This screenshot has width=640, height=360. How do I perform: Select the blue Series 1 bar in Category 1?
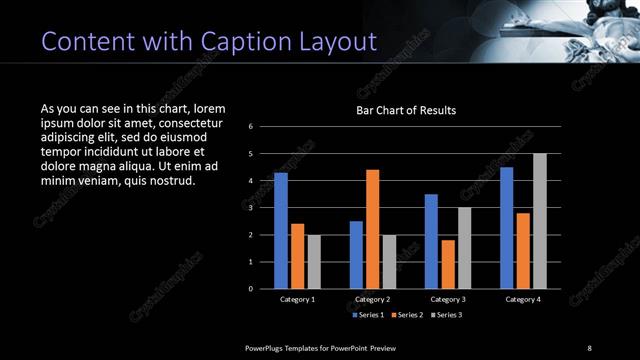coord(281,230)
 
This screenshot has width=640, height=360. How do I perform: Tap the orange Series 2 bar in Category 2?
coord(372,229)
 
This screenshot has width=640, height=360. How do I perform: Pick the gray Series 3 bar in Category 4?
coord(540,221)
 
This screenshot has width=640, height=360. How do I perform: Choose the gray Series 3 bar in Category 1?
coord(314,261)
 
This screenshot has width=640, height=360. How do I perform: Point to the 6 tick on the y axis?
coord(251,126)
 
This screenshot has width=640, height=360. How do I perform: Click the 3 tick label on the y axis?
coord(251,208)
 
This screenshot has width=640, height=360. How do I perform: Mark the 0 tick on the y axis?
coord(251,289)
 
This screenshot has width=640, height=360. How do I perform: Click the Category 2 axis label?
coord(372,299)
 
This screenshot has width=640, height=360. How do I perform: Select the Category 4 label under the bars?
coord(523,299)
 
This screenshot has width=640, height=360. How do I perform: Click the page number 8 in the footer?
coord(589,347)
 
